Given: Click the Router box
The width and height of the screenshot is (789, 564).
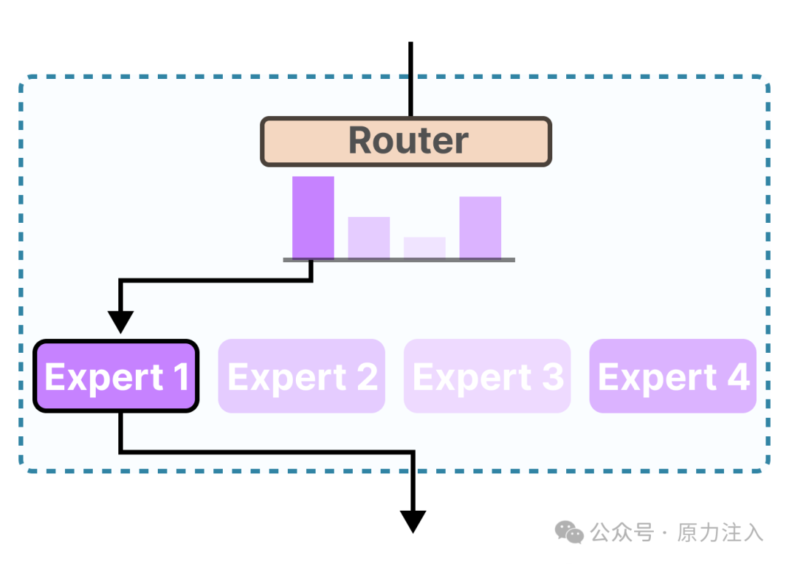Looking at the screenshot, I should click(406, 142).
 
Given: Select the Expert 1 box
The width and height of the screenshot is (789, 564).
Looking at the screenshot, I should click(116, 376).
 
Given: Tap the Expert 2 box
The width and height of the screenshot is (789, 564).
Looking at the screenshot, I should click(301, 376).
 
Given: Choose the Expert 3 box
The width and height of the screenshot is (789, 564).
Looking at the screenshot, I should click(487, 376).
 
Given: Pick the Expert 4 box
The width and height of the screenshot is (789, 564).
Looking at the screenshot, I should click(672, 376).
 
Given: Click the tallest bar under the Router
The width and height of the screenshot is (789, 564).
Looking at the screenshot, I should click(313, 217).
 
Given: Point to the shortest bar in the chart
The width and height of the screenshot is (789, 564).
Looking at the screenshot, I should click(424, 248).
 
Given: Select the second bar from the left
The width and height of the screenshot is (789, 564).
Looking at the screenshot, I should click(368, 237).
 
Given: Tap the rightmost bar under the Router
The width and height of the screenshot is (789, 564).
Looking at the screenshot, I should click(480, 227).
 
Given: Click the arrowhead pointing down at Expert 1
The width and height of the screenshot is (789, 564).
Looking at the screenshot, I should click(121, 321).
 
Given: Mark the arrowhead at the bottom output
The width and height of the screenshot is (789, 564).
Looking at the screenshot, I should click(413, 521).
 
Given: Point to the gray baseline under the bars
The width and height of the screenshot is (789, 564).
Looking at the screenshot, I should click(399, 260).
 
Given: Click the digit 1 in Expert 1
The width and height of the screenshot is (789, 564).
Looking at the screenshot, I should click(180, 377).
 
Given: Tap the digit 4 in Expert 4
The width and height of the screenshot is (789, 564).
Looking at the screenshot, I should click(738, 377).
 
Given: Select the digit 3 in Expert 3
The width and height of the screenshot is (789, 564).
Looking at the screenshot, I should click(552, 377).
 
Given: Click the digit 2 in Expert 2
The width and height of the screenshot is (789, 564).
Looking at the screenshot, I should click(367, 377).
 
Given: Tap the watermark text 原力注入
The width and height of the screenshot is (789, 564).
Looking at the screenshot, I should click(720, 533).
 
